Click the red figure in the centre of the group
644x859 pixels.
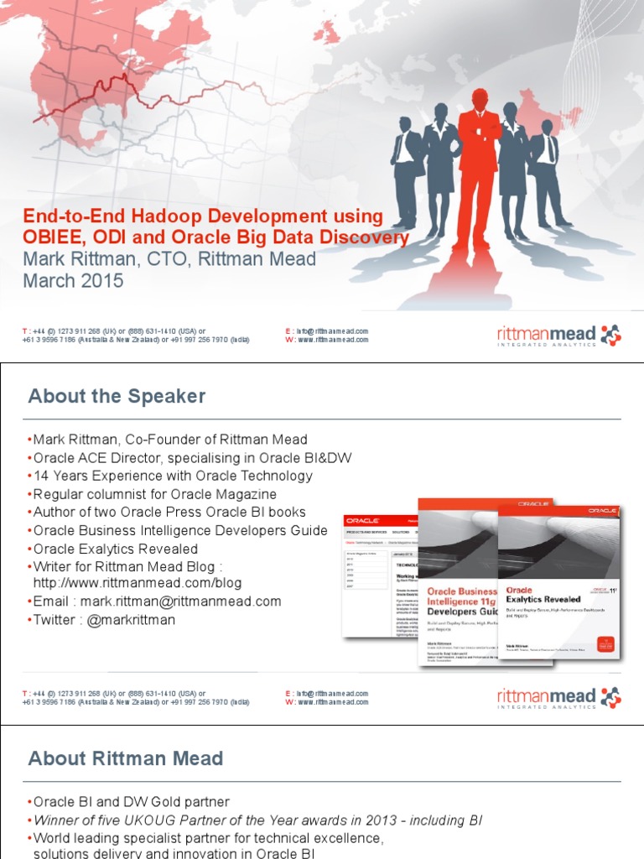(479, 159)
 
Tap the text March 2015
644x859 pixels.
(73, 281)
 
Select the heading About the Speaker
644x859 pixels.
(117, 396)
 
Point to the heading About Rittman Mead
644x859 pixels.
(126, 758)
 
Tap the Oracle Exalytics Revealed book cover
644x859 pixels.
(558, 579)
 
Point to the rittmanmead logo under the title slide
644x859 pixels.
(558, 336)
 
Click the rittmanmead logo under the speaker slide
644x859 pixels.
(558, 697)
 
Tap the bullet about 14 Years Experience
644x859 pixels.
(172, 476)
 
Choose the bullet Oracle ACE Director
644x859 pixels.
(192, 457)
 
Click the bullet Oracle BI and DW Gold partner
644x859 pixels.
(131, 801)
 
